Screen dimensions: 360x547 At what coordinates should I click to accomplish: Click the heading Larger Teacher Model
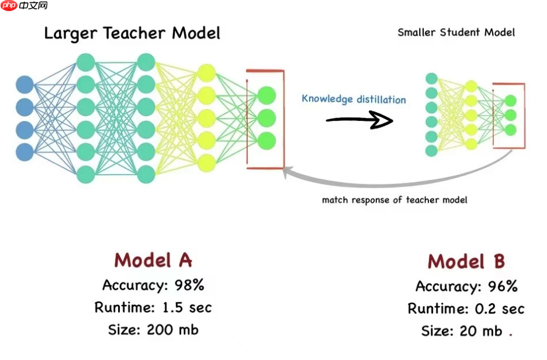(132, 33)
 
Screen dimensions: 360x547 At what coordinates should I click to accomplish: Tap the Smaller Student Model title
(456, 32)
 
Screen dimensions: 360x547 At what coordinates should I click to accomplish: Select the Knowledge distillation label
(354, 99)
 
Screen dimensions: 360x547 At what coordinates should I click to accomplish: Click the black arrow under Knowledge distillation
(358, 120)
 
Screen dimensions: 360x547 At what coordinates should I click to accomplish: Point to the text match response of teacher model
(394, 200)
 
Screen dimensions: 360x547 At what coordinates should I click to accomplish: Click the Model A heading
(153, 259)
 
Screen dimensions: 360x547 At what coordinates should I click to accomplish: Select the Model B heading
(466, 261)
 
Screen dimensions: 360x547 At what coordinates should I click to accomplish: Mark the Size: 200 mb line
(153, 330)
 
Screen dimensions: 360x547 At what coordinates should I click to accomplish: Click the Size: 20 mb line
(462, 331)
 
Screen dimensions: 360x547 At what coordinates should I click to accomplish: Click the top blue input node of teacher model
(25, 85)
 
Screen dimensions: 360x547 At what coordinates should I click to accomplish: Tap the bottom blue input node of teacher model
(25, 152)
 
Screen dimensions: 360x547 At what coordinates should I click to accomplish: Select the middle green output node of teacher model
(266, 117)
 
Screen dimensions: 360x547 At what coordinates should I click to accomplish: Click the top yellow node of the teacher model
(207, 73)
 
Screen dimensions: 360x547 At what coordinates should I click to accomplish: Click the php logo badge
(9, 6)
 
